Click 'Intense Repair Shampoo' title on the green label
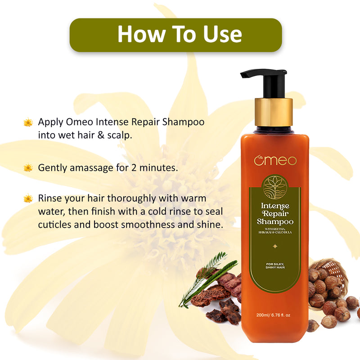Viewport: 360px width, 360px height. [275, 214]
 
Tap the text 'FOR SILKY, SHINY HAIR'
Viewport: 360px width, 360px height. [275, 265]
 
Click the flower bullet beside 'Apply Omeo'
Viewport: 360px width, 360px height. [28, 122]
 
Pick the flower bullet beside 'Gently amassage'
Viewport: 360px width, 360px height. [28, 168]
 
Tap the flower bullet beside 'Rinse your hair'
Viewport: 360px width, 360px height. [28, 198]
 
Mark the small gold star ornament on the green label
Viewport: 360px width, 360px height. [275, 246]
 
